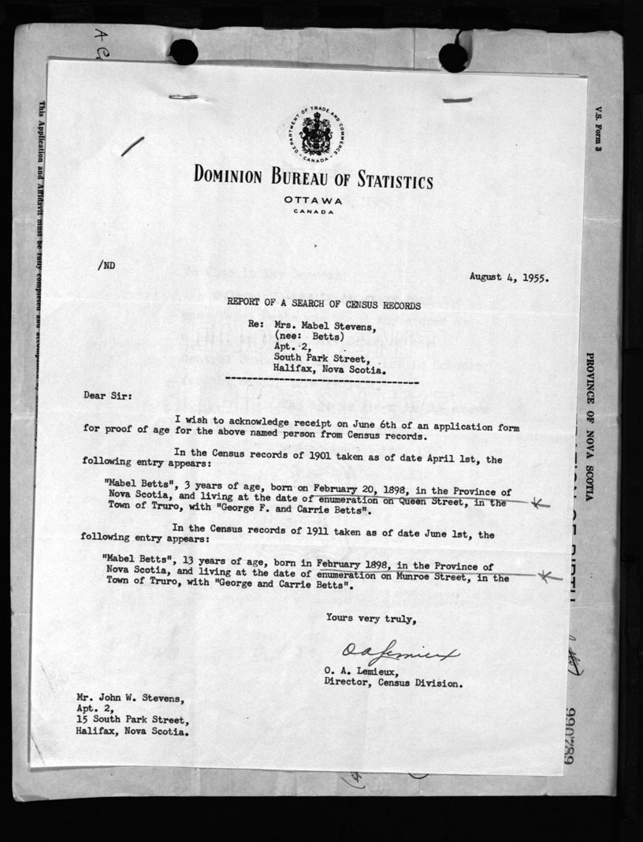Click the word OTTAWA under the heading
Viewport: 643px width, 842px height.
tap(314, 200)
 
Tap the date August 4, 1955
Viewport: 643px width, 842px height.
tap(509, 277)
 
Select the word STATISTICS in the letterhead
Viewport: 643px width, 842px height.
tap(388, 181)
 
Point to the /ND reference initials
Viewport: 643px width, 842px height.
tap(106, 266)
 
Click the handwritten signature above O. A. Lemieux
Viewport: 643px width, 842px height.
tap(400, 652)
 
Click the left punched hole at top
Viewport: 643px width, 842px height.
tap(183, 52)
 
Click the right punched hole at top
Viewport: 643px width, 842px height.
tap(453, 56)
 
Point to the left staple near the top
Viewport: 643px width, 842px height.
tap(186, 98)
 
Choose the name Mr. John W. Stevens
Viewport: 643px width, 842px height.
tap(127, 698)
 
